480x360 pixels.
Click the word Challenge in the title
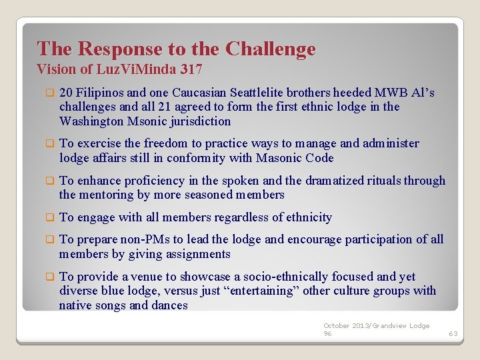point(270,49)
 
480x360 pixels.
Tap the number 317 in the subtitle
point(191,69)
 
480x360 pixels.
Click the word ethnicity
point(303,217)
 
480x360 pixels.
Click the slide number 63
point(453,333)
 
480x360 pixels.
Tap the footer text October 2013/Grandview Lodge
point(377,325)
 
